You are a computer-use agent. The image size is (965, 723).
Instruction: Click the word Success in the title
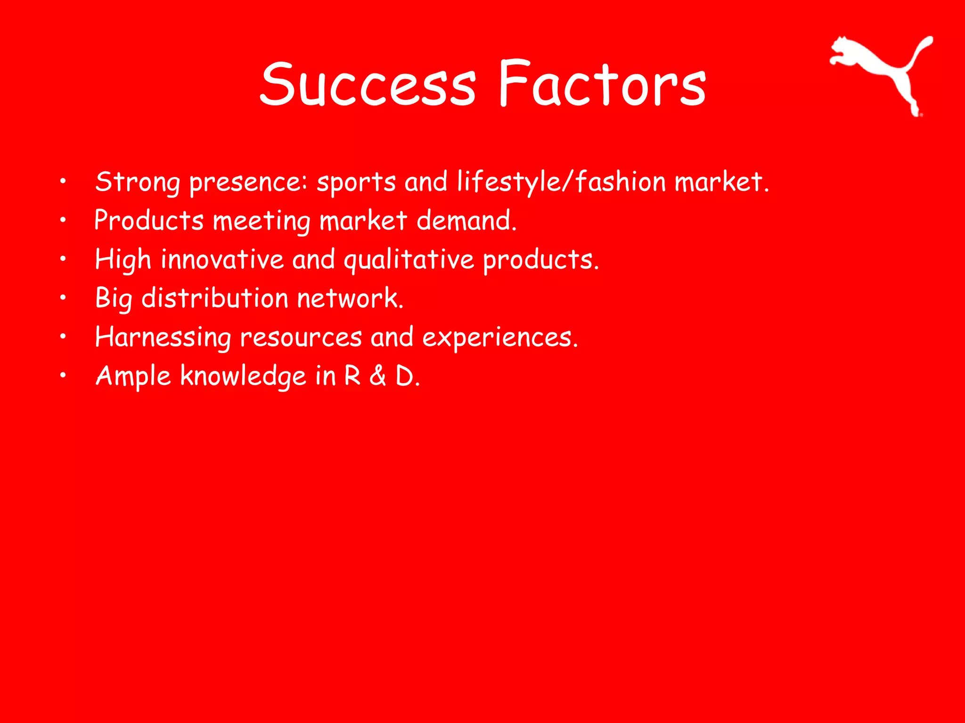click(x=368, y=85)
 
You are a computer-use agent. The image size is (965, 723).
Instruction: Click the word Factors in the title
click(x=602, y=85)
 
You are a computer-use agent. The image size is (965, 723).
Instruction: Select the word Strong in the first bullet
click(x=137, y=183)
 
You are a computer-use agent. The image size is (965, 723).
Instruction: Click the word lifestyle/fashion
click(x=561, y=183)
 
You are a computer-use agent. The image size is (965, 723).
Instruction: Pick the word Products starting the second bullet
click(x=149, y=221)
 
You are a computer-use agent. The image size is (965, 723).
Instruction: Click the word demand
click(x=466, y=221)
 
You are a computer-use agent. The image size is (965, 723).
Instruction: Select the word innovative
click(x=222, y=260)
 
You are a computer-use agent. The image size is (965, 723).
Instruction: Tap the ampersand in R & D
click(x=378, y=376)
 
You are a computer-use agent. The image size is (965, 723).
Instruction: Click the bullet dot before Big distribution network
click(x=63, y=297)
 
